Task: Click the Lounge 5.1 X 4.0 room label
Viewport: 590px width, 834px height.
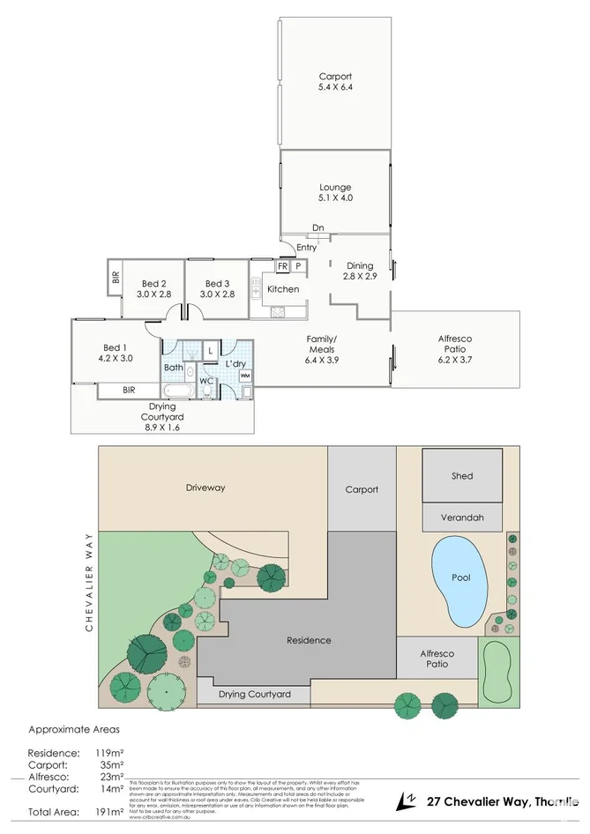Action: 335,192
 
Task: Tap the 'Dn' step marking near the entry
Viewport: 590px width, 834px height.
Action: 317,228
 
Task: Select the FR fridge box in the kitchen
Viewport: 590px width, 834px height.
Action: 283,265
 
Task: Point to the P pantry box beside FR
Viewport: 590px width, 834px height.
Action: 298,265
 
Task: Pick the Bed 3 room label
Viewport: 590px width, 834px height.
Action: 217,288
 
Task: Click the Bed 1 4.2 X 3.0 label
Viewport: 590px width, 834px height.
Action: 116,353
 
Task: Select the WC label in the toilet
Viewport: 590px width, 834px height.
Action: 205,381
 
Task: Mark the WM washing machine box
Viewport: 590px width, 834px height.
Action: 244,375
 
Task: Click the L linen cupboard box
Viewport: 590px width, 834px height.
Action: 211,351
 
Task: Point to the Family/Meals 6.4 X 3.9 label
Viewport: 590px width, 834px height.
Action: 321,344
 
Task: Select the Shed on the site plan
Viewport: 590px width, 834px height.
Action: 462,475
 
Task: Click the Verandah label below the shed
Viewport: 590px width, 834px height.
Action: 462,518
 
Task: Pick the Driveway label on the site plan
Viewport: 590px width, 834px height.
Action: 205,487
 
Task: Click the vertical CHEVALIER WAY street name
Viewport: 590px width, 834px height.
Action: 89,581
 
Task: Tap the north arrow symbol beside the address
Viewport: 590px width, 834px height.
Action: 407,800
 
